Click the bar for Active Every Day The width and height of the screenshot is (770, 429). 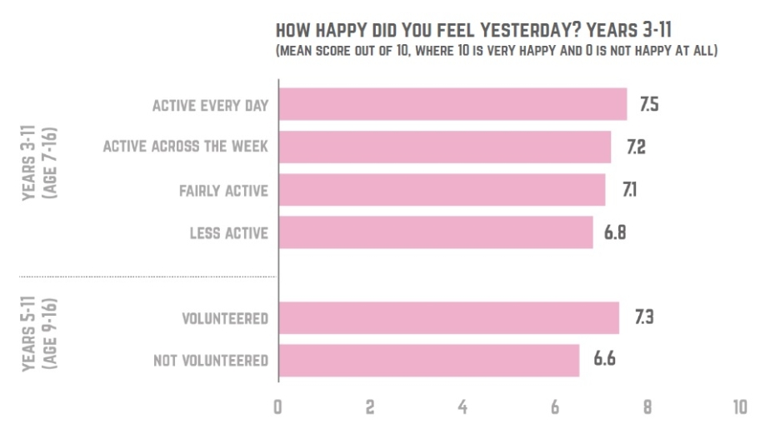pyautogui.click(x=452, y=105)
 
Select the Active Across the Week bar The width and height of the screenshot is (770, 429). pyautogui.click(x=444, y=147)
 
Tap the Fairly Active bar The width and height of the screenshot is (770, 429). pyautogui.click(x=442, y=190)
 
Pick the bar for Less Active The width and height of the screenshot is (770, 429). pyautogui.click(x=435, y=232)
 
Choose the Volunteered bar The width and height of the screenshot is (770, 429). pyautogui.click(x=448, y=318)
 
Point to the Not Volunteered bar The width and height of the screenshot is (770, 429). pyautogui.click(x=428, y=361)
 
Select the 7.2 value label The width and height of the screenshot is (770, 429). pyautogui.click(x=636, y=148)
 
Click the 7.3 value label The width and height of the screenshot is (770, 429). pyautogui.click(x=642, y=318)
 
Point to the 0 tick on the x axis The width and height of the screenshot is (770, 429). pyautogui.click(x=277, y=407)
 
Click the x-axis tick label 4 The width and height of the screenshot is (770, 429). pyautogui.click(x=462, y=407)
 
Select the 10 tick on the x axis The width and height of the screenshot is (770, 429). pyautogui.click(x=738, y=407)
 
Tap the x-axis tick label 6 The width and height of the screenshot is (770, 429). pyautogui.click(x=554, y=407)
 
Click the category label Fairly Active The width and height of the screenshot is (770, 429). pyautogui.click(x=223, y=191)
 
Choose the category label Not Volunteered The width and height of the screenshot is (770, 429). pyautogui.click(x=211, y=361)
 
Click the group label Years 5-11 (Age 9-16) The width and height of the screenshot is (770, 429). pyautogui.click(x=35, y=340)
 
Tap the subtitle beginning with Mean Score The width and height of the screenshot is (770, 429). pyautogui.click(x=497, y=52)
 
